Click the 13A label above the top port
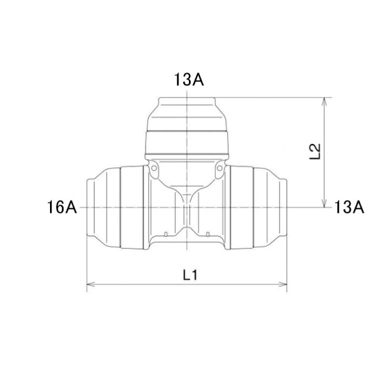(x=189, y=79)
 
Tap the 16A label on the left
(x=62, y=207)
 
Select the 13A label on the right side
(x=349, y=207)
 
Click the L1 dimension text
(x=190, y=275)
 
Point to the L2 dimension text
(x=315, y=151)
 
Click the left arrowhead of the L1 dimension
(x=91, y=284)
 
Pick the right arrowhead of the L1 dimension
(x=283, y=284)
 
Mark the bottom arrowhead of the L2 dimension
(x=324, y=203)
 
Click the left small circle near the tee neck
(x=154, y=168)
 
